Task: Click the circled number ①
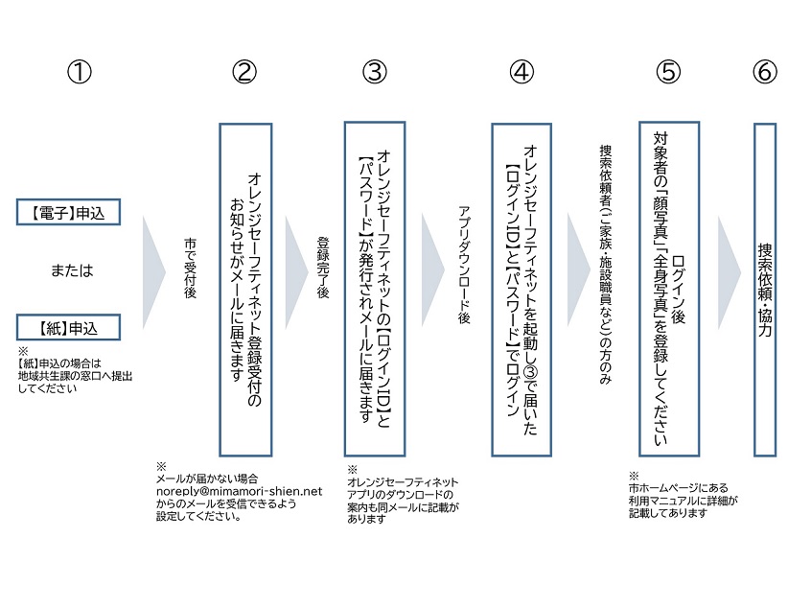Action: point(80,72)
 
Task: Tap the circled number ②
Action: point(244,72)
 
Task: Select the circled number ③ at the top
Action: point(375,72)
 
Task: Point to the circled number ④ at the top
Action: point(521,72)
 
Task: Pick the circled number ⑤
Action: point(668,72)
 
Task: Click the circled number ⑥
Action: point(765,72)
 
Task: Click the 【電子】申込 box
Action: point(68,212)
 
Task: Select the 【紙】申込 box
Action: point(68,328)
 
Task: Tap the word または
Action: point(72,270)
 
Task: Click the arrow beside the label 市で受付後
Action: point(153,272)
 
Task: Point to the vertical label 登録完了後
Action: point(323,267)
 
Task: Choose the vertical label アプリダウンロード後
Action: point(464,265)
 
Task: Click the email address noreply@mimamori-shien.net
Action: point(239,491)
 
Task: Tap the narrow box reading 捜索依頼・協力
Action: point(765,290)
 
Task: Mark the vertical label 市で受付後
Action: point(191,268)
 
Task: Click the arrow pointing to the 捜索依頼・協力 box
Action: point(730,272)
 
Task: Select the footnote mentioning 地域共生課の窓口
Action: point(75,370)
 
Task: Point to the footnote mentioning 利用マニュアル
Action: point(683,495)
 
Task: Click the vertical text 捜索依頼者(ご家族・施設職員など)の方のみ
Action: point(606,264)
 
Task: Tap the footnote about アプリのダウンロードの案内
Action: point(403,495)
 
